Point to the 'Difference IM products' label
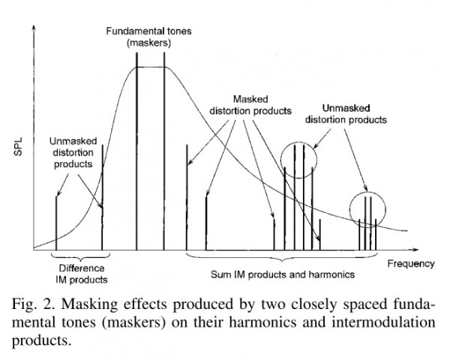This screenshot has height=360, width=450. coord(78,273)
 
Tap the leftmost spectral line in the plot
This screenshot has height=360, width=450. coord(57,221)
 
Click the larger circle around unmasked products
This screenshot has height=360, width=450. coord(298,158)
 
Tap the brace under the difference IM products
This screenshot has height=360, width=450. coord(79,256)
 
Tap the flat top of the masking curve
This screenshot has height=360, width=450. coord(151,67)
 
